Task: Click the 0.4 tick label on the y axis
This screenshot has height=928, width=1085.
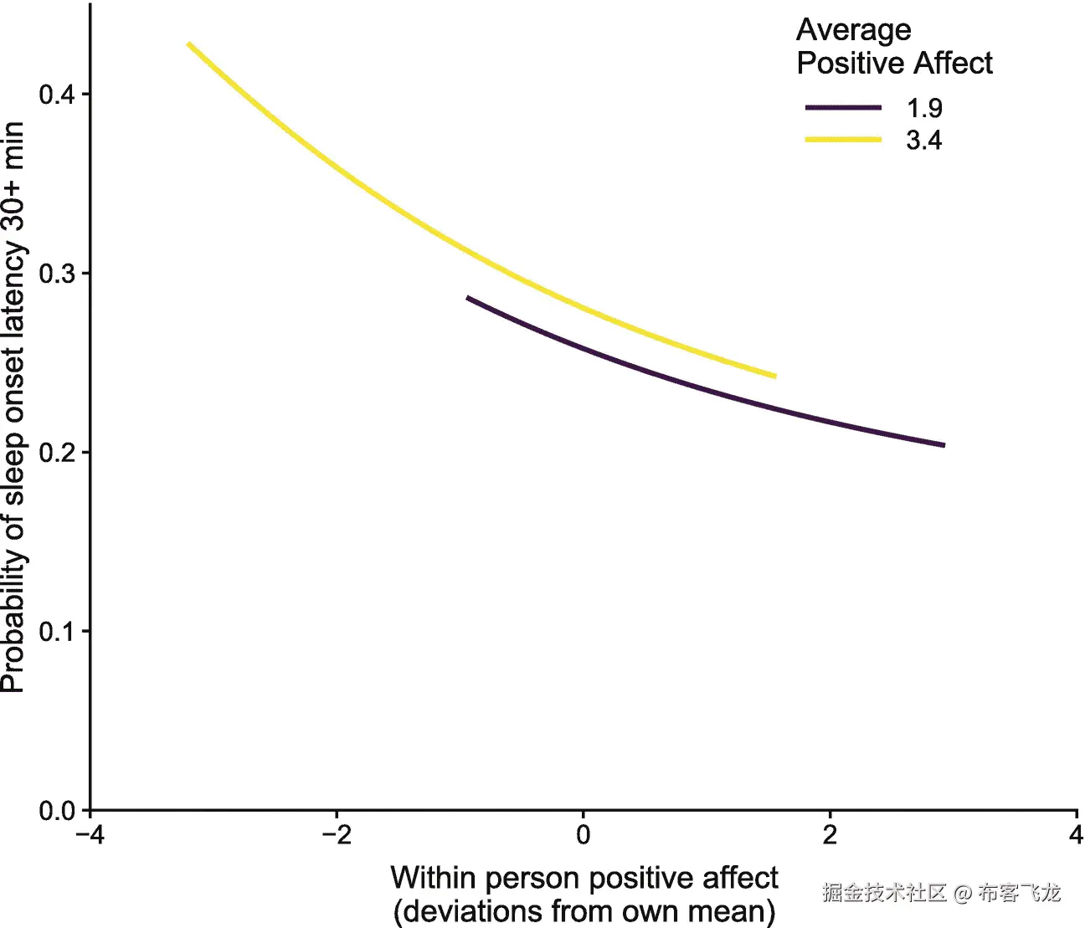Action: tap(56, 94)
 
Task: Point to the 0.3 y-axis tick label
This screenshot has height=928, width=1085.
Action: tap(56, 274)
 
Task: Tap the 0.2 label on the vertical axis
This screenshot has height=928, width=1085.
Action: tap(56, 452)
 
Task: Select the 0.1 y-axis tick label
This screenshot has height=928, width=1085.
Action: tap(56, 631)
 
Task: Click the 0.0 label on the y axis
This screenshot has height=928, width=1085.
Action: tap(56, 810)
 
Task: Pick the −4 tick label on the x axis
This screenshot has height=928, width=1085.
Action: tap(90, 835)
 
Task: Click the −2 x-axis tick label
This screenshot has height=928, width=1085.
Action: tap(336, 835)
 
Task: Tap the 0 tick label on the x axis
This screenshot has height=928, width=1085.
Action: tap(584, 835)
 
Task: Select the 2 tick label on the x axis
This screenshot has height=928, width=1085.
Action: tap(830, 835)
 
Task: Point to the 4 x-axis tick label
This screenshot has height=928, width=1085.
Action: tap(1076, 835)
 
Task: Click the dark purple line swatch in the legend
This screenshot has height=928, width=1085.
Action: tap(843, 108)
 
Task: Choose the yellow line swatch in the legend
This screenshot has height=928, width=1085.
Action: tap(843, 140)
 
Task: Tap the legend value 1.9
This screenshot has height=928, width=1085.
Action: tap(924, 108)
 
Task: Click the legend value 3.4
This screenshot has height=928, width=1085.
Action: tap(924, 140)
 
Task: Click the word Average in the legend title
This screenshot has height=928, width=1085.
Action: tap(853, 30)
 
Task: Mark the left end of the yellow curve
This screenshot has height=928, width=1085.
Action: tap(189, 44)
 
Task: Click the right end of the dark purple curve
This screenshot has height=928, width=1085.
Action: tap(943, 445)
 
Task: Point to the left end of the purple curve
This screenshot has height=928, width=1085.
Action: tap(469, 298)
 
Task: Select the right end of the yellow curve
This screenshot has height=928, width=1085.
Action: tap(774, 376)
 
